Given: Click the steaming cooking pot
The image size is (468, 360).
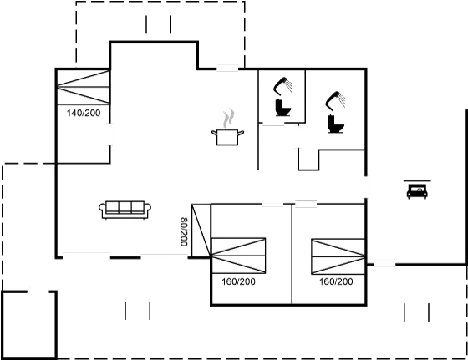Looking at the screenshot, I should click(227, 136).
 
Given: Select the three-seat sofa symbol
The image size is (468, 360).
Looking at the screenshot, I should click(125, 210).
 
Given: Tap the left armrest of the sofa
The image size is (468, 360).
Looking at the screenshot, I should click(103, 210).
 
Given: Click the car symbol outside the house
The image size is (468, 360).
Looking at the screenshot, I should click(415, 191).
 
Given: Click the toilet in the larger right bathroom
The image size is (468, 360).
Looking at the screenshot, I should click(336, 124).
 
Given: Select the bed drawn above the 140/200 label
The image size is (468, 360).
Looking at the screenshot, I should click(83, 88).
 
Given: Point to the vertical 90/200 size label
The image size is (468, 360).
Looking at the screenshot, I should click(185, 231).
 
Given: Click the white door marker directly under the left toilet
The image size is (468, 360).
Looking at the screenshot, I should click(273, 123).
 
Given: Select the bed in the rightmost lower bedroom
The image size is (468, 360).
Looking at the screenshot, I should click(337, 255).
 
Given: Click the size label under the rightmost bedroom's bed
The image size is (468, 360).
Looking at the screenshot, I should click(336, 282).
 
